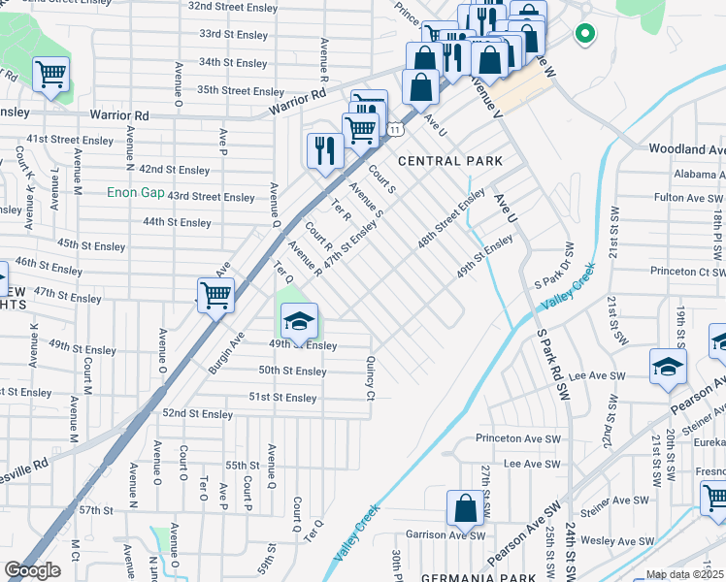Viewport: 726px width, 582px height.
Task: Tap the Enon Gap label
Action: click(136, 193)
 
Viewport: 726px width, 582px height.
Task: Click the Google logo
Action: click(32, 570)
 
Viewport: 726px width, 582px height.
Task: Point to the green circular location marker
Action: click(583, 34)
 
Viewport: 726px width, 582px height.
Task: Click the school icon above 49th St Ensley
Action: click(300, 320)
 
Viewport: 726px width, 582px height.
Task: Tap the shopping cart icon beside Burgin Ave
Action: click(215, 295)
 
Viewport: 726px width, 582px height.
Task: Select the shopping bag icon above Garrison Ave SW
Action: click(466, 507)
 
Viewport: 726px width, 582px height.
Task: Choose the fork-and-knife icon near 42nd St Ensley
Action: click(324, 150)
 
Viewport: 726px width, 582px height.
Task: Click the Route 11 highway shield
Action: click(393, 128)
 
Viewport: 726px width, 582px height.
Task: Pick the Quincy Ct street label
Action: click(370, 377)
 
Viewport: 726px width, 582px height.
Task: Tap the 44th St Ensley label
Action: click(177, 222)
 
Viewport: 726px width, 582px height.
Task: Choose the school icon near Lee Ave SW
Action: click(669, 367)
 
